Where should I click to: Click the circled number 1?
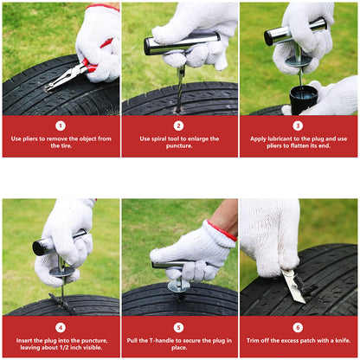(x=61, y=125)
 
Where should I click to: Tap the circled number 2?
(x=179, y=125)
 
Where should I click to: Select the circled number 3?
(x=298, y=125)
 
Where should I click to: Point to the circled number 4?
(x=61, y=327)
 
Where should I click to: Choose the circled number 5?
(x=179, y=327)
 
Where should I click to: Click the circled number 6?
(x=298, y=327)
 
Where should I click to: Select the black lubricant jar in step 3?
(x=304, y=100)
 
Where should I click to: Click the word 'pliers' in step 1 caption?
(x=30, y=138)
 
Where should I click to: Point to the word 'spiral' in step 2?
(x=159, y=138)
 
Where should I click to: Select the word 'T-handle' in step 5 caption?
(x=161, y=340)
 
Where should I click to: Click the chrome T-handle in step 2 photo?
(x=182, y=43)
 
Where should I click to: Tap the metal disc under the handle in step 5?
(x=179, y=286)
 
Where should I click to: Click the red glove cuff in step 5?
(x=222, y=231)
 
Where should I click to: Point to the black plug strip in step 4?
(x=61, y=304)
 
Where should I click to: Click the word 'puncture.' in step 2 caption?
(x=179, y=146)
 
